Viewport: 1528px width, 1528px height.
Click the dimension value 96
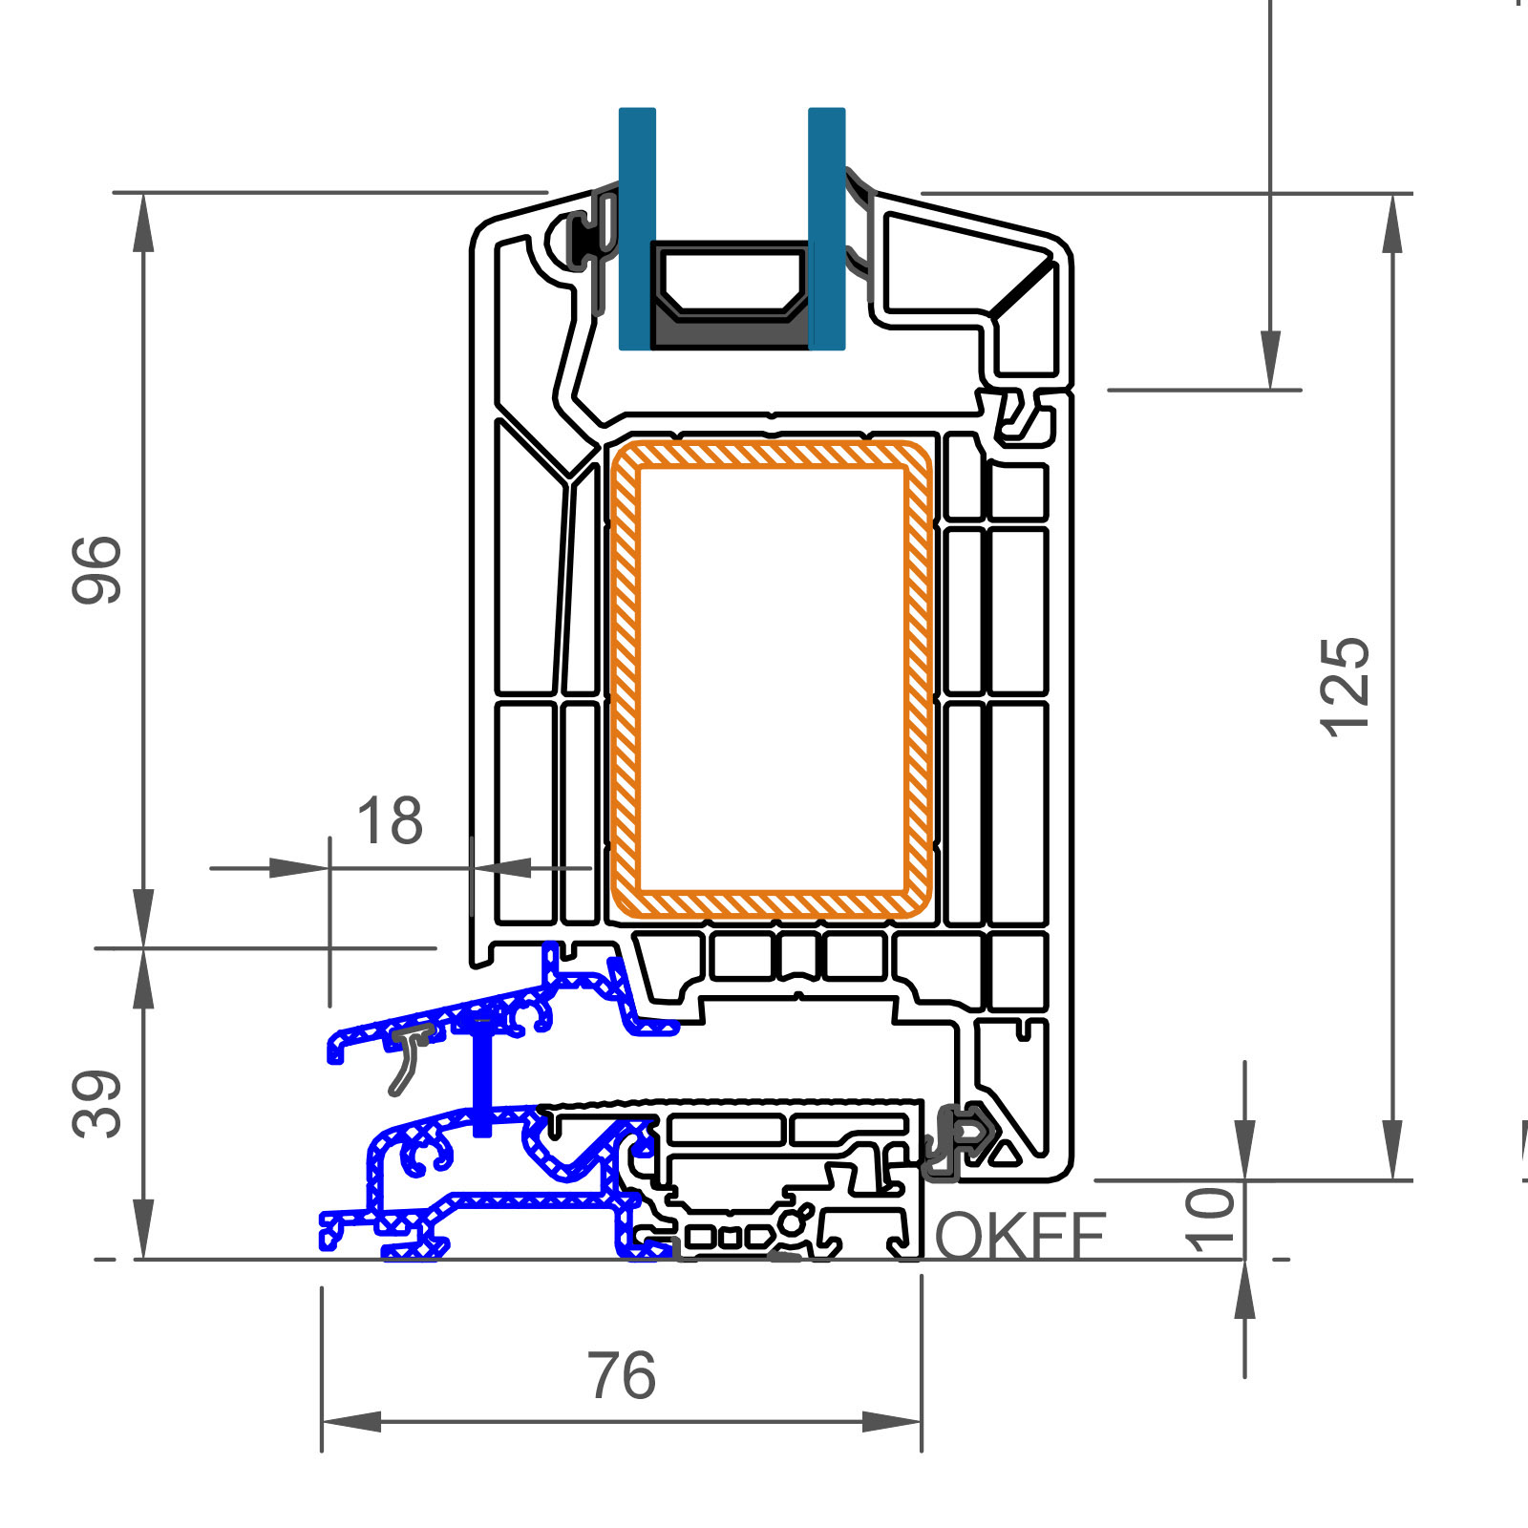click(97, 570)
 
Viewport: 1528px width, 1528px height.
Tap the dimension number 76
click(622, 1376)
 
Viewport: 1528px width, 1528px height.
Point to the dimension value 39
click(97, 1104)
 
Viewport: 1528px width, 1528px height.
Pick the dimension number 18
click(390, 821)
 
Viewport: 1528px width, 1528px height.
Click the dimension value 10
click(1210, 1220)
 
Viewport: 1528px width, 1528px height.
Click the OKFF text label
click(1021, 1236)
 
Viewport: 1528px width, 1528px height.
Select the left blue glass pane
click(637, 228)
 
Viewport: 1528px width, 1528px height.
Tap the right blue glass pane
click(827, 228)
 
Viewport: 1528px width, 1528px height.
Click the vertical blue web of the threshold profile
click(483, 1074)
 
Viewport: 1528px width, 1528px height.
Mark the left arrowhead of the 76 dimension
click(351, 1422)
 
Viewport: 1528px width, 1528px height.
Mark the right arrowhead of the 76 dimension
click(892, 1422)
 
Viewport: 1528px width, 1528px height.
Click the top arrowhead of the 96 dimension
click(143, 223)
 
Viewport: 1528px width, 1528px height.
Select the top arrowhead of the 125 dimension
click(1393, 223)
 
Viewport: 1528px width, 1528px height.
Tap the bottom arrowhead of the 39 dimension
click(143, 1229)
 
